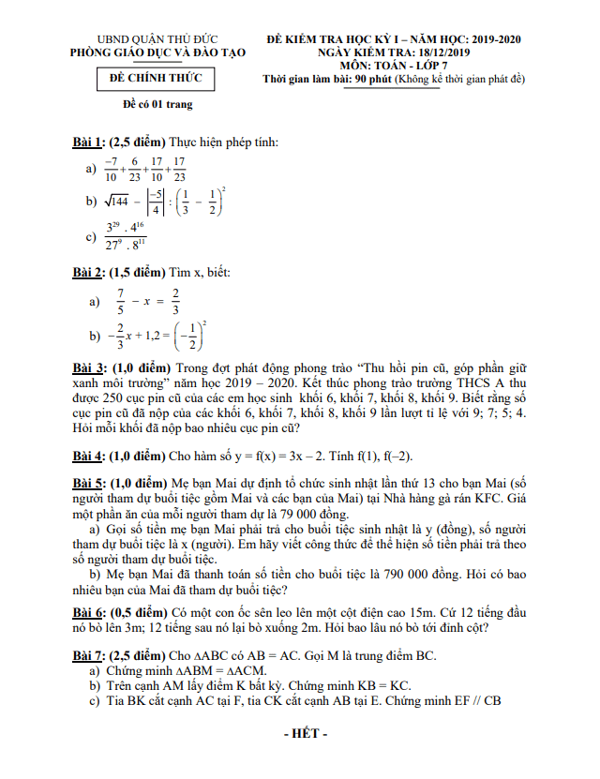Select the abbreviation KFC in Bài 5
click(x=508, y=498)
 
